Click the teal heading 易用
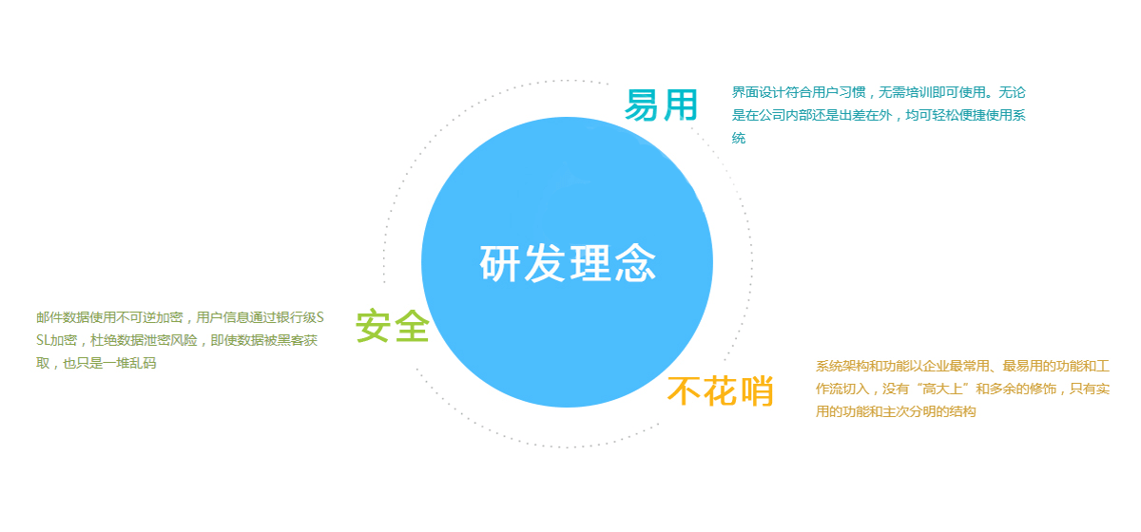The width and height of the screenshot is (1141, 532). click(x=661, y=105)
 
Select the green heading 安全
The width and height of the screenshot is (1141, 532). click(x=393, y=326)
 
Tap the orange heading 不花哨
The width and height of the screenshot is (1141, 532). click(x=721, y=391)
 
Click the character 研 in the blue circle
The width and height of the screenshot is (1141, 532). click(x=500, y=263)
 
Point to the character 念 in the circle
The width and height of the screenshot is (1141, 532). click(x=635, y=263)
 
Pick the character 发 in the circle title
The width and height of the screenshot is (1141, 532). click(x=545, y=263)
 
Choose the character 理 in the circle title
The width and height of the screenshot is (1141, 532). click(x=590, y=263)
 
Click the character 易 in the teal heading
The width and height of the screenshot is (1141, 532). click(x=642, y=105)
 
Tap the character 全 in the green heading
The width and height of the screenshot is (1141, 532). click(x=412, y=326)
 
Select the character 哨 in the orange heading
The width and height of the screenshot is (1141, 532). click(x=757, y=391)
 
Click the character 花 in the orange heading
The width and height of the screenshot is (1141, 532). click(x=721, y=391)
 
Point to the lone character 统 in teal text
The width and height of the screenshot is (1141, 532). click(x=739, y=138)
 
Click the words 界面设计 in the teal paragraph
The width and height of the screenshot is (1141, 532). click(x=759, y=92)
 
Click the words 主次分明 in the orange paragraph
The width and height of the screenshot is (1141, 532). click(x=909, y=412)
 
